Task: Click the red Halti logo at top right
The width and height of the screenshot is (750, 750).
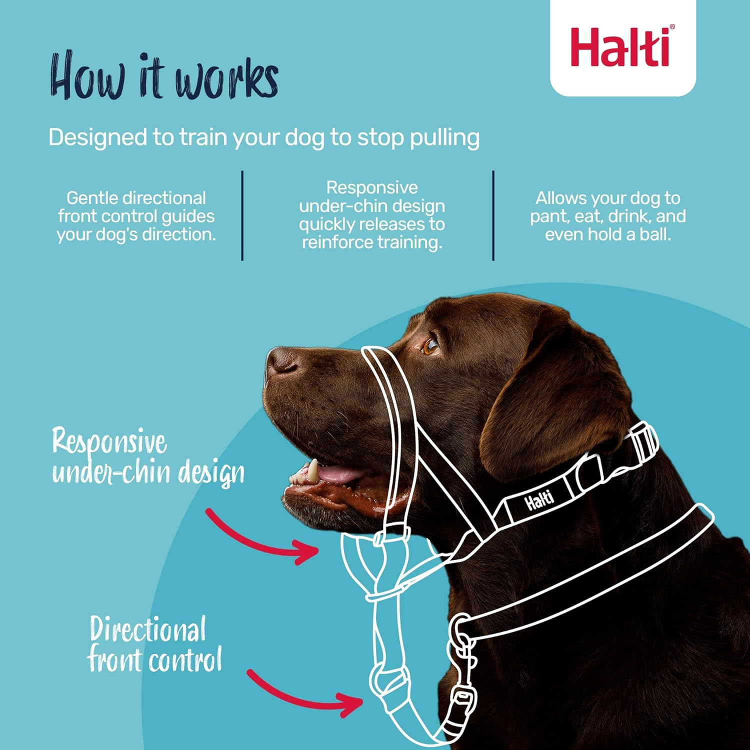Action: click(621, 47)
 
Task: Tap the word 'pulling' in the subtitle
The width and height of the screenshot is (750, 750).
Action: click(444, 138)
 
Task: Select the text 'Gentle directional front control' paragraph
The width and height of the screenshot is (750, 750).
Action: click(136, 216)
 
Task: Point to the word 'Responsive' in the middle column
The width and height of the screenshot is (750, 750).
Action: click(372, 188)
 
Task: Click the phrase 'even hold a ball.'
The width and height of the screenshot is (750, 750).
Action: click(607, 234)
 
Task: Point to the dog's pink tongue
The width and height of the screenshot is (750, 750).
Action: click(340, 473)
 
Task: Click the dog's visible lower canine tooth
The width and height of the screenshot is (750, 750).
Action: click(312, 470)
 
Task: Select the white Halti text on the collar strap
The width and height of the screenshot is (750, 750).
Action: click(539, 499)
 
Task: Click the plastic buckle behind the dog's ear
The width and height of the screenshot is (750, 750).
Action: click(642, 442)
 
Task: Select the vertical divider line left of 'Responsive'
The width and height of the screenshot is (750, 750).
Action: click(242, 215)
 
